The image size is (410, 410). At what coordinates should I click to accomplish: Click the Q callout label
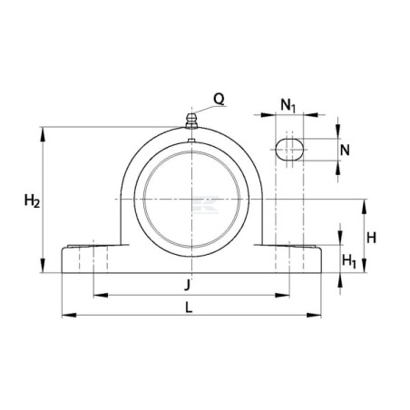tap(220, 99)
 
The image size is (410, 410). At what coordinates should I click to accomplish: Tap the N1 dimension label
tap(288, 106)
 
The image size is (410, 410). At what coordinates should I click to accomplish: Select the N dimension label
tap(345, 150)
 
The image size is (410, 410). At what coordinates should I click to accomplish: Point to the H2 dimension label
tap(32, 200)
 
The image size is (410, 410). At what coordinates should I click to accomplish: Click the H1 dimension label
tap(349, 260)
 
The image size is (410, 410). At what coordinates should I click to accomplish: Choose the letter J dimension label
tap(188, 285)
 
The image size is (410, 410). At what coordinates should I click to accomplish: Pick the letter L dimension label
tap(189, 307)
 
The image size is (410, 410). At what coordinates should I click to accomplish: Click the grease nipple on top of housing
tap(191, 121)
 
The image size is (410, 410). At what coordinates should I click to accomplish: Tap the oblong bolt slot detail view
tap(289, 150)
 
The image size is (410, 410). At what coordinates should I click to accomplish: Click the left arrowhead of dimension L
tap(69, 315)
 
